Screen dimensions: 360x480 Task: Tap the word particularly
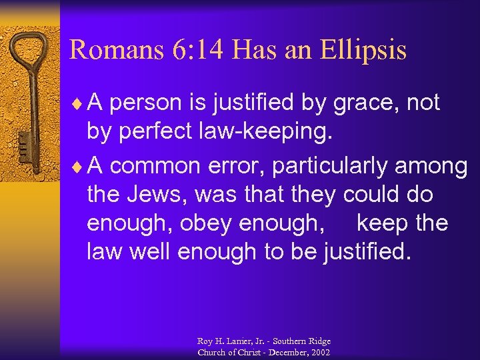click(333, 166)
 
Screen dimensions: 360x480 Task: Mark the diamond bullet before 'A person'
click(80, 103)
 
